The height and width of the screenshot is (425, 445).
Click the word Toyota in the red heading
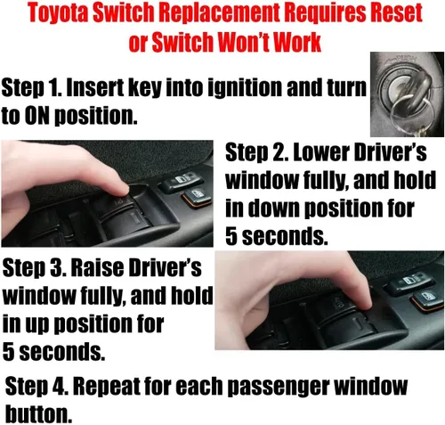59,13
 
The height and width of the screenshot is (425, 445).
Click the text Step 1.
32,88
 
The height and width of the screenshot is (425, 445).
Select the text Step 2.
256,154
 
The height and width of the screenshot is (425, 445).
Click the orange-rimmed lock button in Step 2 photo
197,197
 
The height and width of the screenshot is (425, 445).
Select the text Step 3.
34,269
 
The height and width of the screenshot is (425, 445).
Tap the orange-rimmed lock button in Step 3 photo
427,299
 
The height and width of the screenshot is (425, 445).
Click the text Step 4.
36,387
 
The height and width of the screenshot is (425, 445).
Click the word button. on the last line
39,413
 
